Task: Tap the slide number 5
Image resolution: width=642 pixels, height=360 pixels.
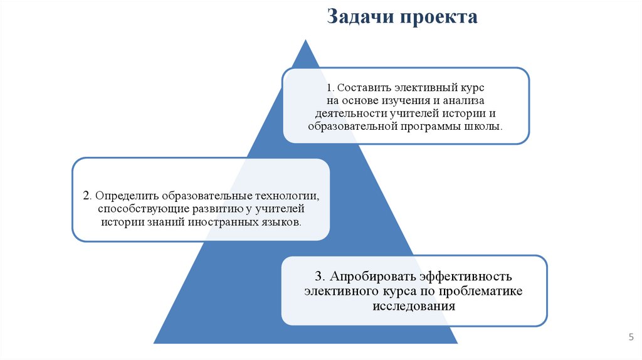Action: (631, 337)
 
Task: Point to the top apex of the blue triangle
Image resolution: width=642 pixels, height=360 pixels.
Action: (306, 40)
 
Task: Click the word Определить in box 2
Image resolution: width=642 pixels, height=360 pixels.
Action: (124, 194)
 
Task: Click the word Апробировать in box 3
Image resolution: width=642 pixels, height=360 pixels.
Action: (372, 277)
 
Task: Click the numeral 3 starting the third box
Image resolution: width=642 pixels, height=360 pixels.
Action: (318, 277)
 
